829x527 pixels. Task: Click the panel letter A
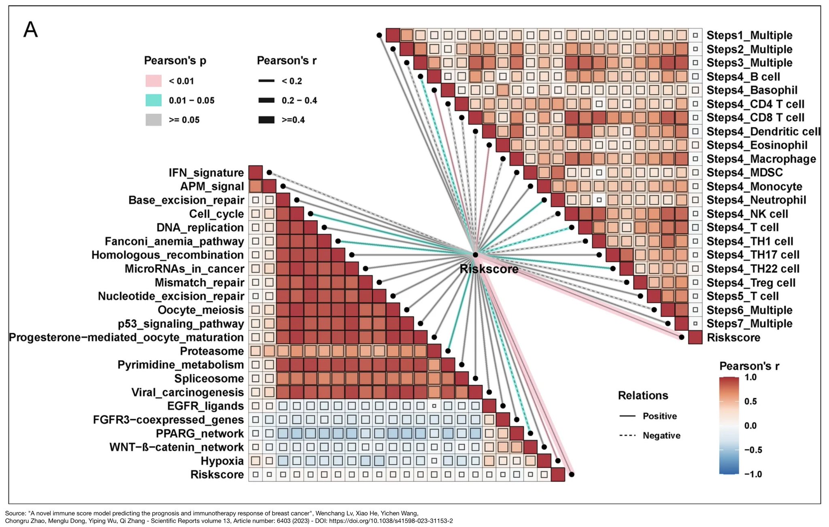pos(30,30)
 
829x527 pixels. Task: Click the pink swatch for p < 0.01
pos(153,81)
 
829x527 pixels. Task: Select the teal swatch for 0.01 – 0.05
pos(153,100)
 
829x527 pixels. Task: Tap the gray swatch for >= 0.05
pos(153,120)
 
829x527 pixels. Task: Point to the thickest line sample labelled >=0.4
pos(266,120)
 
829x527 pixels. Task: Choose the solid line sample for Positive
pos(627,416)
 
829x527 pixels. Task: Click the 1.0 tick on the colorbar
pos(750,377)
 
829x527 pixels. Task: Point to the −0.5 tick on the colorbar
pos(753,450)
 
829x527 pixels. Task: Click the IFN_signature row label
pos(206,173)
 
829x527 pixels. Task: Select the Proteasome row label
pos(212,351)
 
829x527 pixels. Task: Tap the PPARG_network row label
pos(200,434)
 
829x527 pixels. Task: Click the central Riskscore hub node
pos(476,255)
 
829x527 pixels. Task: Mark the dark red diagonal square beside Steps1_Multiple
pos(393,35)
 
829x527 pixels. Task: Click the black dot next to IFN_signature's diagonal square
pos(269,173)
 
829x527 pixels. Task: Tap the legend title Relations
pos(643,396)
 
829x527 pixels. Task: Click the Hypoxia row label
pos(222,461)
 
